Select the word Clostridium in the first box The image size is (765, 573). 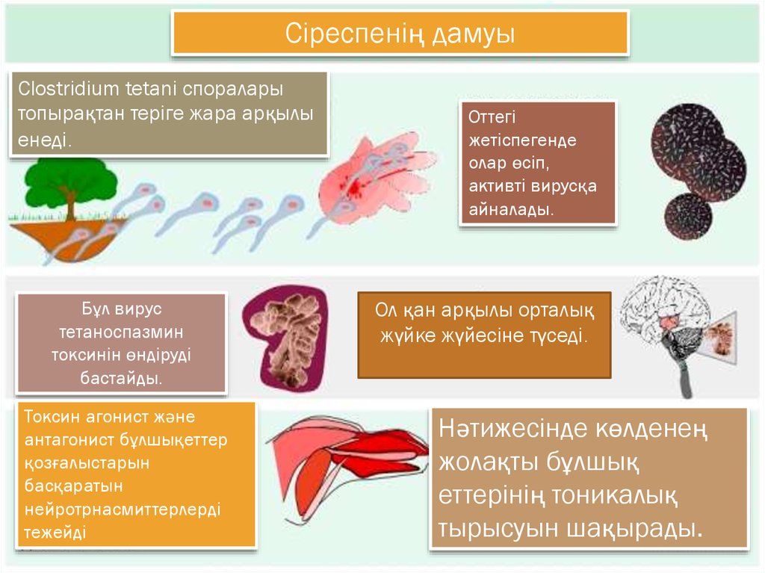point(68,89)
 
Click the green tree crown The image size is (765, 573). point(71,178)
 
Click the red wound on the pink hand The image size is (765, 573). point(355,185)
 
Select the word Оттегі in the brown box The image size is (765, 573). point(492,117)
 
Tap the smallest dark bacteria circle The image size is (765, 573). point(688,216)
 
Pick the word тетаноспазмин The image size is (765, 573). point(121,332)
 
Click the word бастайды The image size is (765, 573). point(121,378)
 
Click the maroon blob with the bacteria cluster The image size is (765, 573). point(285,338)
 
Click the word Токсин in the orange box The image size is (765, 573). point(52,417)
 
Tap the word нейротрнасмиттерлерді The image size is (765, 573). point(123,509)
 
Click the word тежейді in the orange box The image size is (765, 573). point(55,532)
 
